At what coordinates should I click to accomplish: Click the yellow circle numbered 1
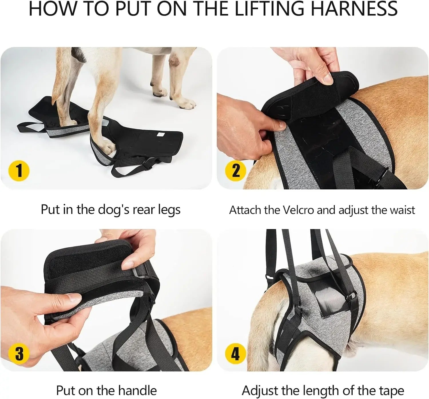(x=19, y=171)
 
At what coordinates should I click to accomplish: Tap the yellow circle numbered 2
(x=235, y=171)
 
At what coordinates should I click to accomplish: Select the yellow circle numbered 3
(x=19, y=354)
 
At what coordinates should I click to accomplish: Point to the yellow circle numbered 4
(x=235, y=354)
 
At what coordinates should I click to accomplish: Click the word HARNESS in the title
(x=354, y=9)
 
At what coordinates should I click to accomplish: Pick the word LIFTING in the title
(x=269, y=9)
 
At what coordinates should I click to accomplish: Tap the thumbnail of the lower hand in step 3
(x=75, y=298)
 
